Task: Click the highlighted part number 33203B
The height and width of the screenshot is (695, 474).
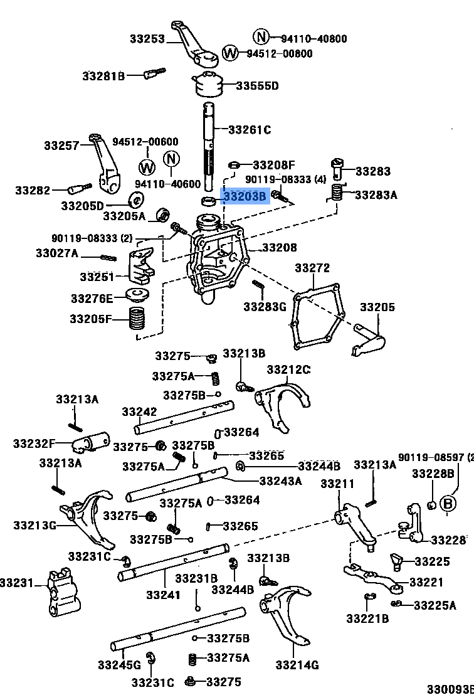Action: (245, 197)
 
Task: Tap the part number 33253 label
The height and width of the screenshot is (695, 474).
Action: (147, 39)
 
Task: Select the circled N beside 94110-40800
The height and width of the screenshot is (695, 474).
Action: (261, 36)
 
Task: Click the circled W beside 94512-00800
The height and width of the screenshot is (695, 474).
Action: (231, 52)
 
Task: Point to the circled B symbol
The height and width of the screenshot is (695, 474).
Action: (447, 504)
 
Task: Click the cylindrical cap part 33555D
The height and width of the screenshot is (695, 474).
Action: (208, 85)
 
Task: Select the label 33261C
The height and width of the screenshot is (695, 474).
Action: (250, 130)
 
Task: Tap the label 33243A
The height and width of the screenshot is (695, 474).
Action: (280, 481)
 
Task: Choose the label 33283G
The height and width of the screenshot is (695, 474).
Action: (265, 307)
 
